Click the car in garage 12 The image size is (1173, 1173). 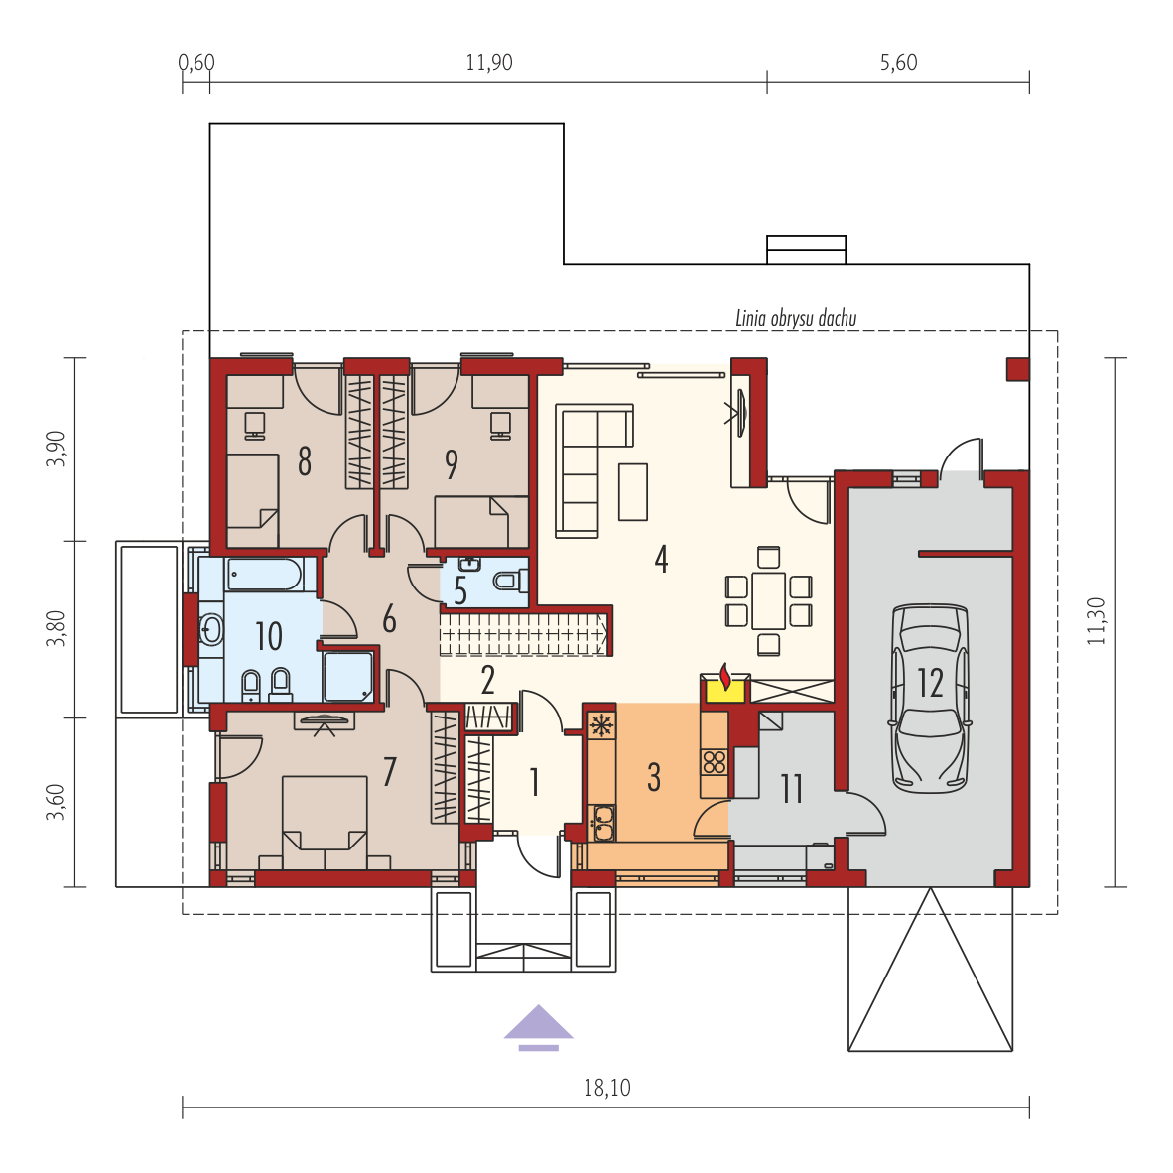(930, 698)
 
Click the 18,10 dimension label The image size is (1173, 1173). (606, 1087)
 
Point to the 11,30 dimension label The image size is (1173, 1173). (1096, 621)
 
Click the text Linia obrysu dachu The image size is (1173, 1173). (796, 318)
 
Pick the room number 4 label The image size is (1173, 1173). (661, 558)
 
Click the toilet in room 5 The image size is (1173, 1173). (511, 580)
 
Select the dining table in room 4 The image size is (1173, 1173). (768, 600)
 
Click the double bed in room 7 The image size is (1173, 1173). (325, 822)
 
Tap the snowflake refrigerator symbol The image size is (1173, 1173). (601, 725)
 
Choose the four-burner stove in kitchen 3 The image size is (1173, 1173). (715, 762)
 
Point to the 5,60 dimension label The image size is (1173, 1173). (898, 63)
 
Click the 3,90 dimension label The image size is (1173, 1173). (57, 449)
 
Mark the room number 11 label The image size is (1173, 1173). (792, 789)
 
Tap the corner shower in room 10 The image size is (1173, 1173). (348, 676)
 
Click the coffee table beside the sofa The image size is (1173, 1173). (633, 491)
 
